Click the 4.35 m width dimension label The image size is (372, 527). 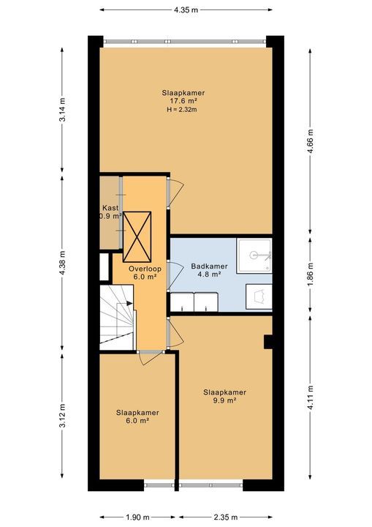[x=186, y=10]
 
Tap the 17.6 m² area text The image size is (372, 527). [x=183, y=101]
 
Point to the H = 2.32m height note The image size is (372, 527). [x=182, y=109]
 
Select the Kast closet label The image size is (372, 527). [x=110, y=208]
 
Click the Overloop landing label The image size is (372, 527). [x=145, y=269]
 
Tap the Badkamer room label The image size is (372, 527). [x=209, y=266]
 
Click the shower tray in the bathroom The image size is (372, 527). [x=254, y=255]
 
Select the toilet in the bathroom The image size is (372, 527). [x=259, y=296]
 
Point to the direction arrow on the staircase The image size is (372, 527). [x=129, y=303]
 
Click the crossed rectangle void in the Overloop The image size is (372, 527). [x=137, y=236]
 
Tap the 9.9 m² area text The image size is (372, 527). [x=224, y=400]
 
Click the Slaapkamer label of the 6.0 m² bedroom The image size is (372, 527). [x=137, y=412]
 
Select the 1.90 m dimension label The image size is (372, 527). [x=137, y=517]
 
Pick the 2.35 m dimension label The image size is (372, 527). [x=225, y=517]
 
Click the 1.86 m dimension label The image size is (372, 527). [x=310, y=274]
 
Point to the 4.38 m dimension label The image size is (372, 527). [x=62, y=263]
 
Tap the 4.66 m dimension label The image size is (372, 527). [x=310, y=141]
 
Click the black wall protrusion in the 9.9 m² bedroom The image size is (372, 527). [x=268, y=342]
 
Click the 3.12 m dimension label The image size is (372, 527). [x=62, y=416]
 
